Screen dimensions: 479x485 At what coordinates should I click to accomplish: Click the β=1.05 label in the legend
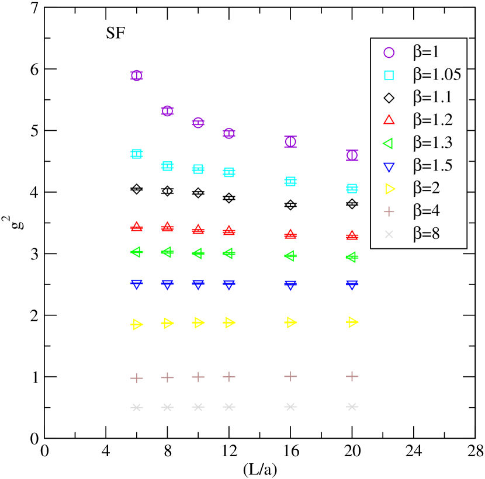437,75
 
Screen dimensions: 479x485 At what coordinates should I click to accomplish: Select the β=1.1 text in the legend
432,98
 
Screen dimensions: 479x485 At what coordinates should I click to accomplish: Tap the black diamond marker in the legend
389,98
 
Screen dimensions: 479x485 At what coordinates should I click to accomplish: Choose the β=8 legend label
426,234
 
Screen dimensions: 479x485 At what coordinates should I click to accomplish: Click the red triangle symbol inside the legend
389,120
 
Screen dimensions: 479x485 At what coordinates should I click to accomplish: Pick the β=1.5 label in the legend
432,166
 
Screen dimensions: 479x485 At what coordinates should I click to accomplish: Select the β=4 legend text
426,211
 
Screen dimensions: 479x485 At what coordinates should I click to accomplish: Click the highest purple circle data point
137,75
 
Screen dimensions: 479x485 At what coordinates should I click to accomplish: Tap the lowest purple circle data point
352,155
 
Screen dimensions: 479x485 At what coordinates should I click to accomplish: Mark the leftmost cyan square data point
137,154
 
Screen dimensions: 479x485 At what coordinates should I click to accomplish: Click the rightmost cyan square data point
352,189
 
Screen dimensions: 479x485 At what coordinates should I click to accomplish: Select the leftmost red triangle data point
137,226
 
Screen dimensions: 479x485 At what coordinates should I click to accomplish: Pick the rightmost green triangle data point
352,257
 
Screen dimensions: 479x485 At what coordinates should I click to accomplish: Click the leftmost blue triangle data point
137,284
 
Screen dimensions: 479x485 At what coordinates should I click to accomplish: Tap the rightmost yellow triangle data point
352,321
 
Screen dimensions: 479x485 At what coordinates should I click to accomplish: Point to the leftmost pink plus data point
137,379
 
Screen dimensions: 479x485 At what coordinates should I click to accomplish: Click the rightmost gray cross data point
352,407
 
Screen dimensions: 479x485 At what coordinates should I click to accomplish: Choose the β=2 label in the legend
426,189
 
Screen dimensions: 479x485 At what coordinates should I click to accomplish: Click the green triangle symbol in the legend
389,143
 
